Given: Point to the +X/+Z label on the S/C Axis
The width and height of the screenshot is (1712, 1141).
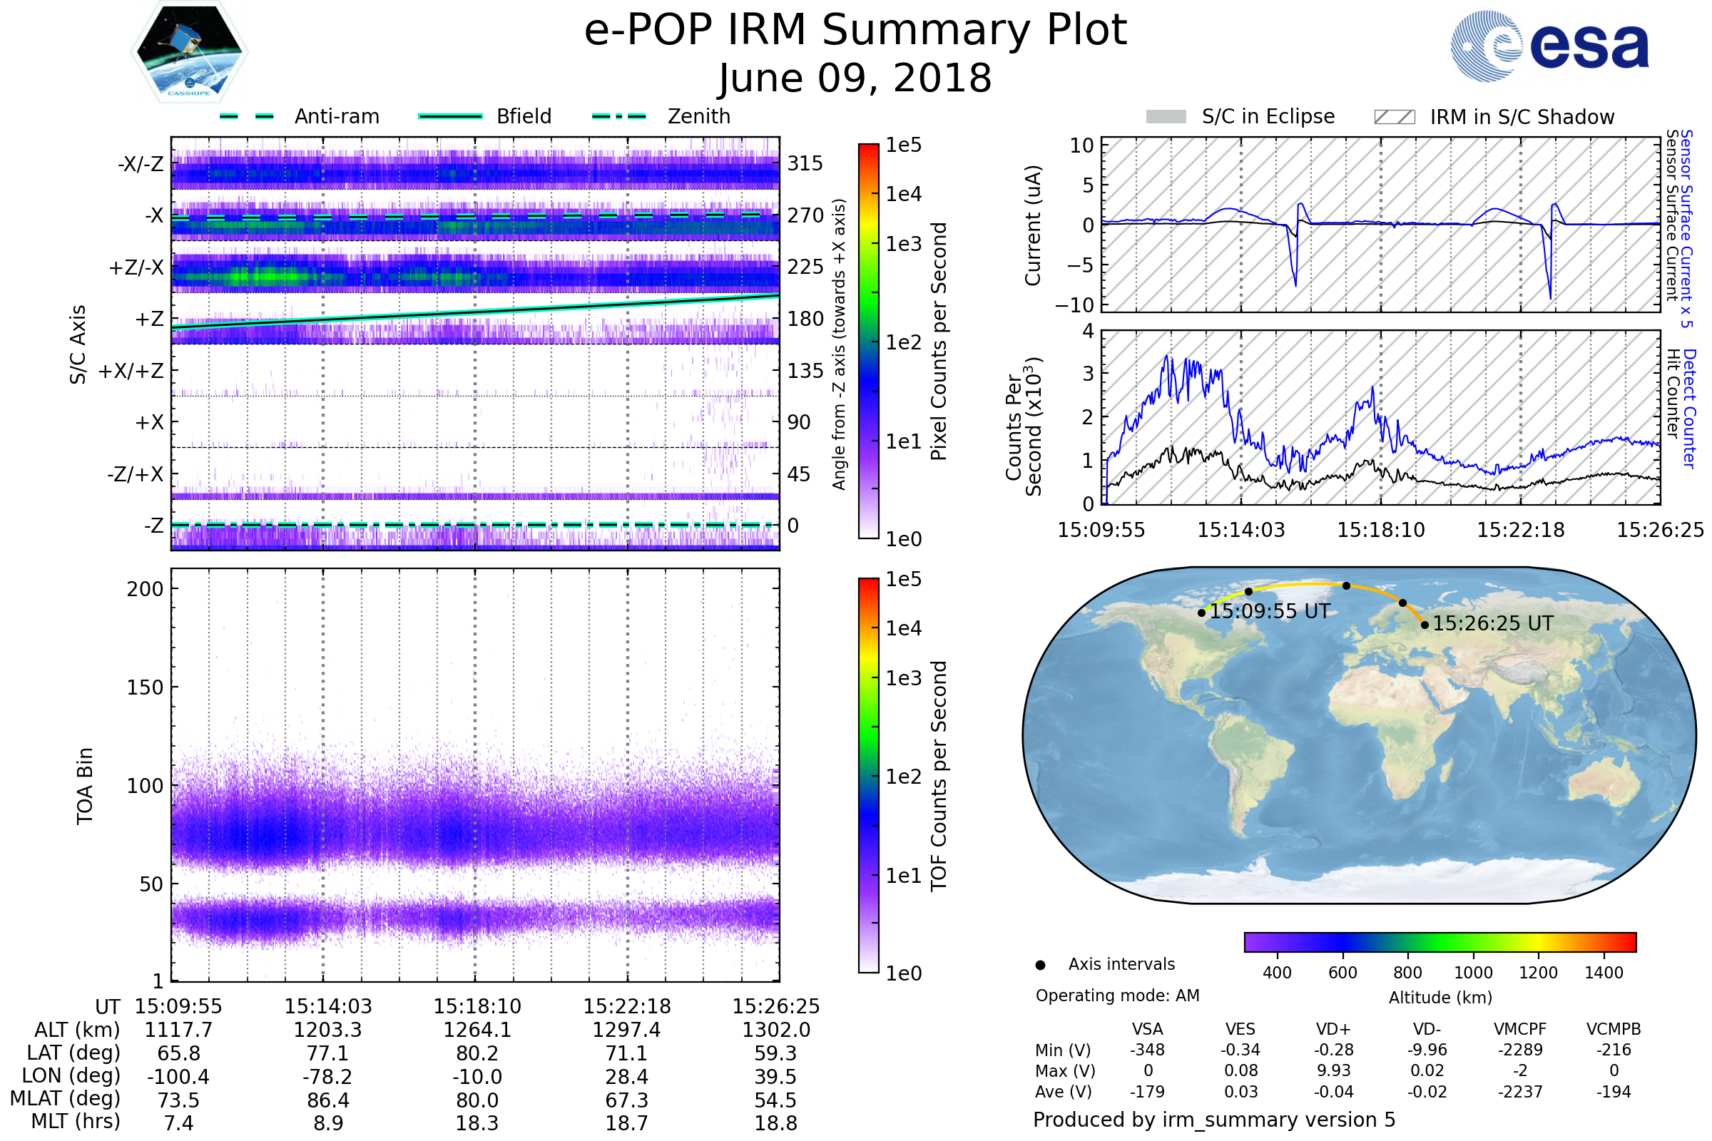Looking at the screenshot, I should point(131,371).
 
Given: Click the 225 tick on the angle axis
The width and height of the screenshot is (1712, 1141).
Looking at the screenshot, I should point(805,267).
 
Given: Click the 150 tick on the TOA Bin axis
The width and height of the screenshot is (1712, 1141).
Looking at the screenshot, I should point(145,687).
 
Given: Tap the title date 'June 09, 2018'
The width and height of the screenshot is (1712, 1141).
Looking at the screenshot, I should point(855,78).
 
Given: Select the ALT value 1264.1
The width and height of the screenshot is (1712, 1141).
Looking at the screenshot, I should point(477,1030).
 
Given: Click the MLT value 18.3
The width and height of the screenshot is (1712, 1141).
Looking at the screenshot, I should point(477,1122).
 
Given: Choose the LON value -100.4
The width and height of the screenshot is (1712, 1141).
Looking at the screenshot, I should point(178,1077).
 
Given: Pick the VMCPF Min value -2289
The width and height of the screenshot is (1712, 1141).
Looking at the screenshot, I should point(1520,1050).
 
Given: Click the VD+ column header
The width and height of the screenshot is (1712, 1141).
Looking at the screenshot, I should point(1333,1029).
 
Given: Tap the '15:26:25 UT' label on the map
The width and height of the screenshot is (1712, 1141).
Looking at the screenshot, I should point(1493,623).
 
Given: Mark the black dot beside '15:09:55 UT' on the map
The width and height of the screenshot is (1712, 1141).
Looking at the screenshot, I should point(1202,613).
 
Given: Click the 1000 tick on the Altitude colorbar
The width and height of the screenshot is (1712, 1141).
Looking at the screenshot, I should point(1473,973).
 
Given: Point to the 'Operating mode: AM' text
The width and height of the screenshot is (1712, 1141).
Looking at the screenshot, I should point(1117,996).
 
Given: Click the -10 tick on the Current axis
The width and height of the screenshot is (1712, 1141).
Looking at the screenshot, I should point(1074,305).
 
